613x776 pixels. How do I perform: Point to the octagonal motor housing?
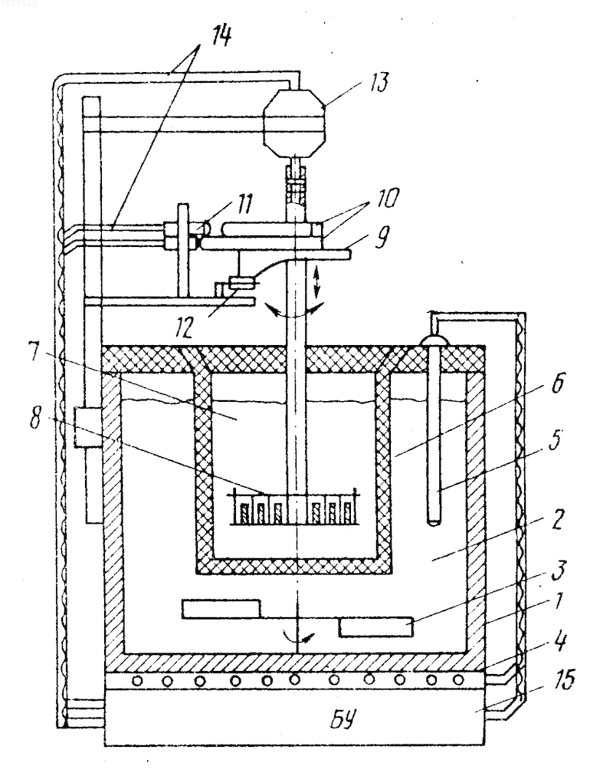tap(295, 122)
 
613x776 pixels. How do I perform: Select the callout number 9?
tap(381, 237)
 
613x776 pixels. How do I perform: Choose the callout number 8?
tap(35, 419)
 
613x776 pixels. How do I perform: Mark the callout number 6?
tap(557, 383)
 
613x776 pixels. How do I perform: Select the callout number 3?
tap(558, 570)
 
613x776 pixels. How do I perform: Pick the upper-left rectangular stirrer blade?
tap(221, 608)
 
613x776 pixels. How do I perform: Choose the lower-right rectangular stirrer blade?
tap(375, 626)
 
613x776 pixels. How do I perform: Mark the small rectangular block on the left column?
tap(88, 427)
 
